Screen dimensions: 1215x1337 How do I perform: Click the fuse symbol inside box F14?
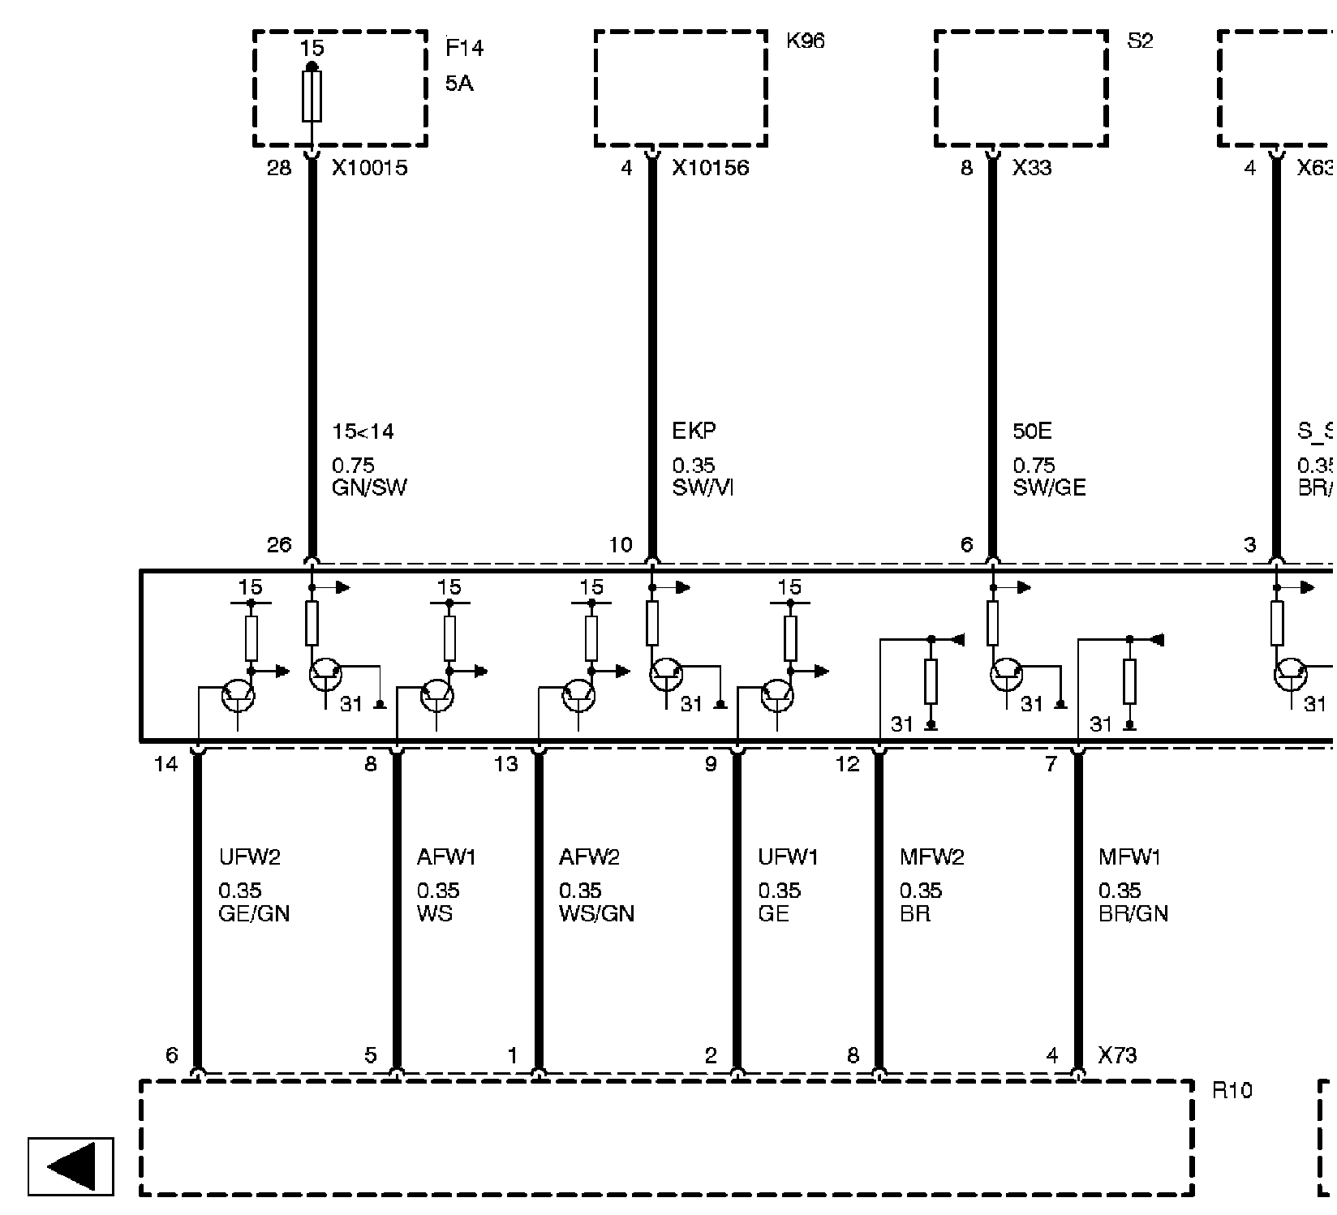click(x=312, y=96)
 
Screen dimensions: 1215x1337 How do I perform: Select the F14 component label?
click(x=464, y=49)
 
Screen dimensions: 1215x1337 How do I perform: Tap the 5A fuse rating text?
click(x=459, y=84)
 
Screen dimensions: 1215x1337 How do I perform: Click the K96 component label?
click(x=805, y=41)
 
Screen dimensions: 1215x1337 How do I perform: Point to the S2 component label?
click(x=1140, y=41)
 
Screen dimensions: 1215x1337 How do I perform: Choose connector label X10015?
click(x=369, y=168)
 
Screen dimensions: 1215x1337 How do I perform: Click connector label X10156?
click(x=710, y=168)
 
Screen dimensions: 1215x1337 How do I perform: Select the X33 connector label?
click(x=1031, y=168)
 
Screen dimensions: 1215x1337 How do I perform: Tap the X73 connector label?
click(x=1117, y=1055)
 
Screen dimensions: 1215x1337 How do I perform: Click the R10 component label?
click(x=1232, y=1090)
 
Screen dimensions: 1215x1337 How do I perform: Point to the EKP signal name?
click(x=694, y=431)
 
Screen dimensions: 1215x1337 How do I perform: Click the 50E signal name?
click(x=1032, y=431)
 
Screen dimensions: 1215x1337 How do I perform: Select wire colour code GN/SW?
click(x=369, y=487)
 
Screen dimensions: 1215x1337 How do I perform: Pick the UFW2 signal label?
click(x=249, y=857)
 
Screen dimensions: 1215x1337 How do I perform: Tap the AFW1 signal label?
click(x=446, y=857)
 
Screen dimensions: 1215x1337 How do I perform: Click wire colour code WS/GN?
click(x=596, y=914)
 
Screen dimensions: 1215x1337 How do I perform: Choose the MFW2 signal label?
click(x=931, y=857)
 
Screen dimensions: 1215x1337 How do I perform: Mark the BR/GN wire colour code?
click(x=1133, y=914)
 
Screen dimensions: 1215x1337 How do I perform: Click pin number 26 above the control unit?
click(x=279, y=545)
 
